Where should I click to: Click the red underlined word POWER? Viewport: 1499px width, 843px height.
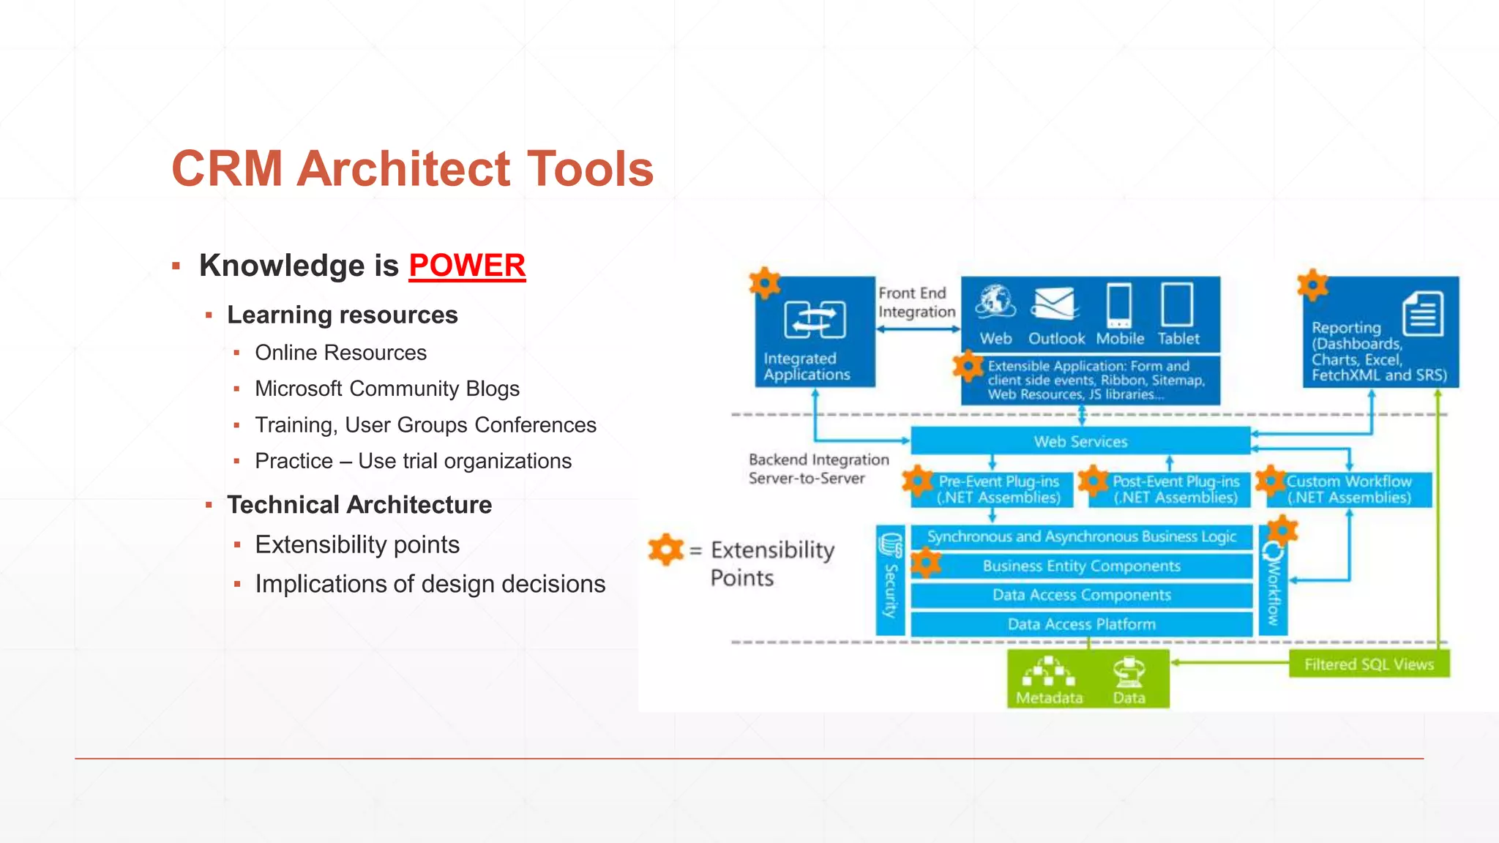click(467, 266)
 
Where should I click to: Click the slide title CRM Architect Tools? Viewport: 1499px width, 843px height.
click(412, 168)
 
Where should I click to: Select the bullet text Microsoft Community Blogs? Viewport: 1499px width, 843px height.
click(387, 389)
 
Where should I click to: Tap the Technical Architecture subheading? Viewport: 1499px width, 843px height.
click(359, 505)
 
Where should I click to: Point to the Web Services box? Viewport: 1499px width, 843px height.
click(1080, 441)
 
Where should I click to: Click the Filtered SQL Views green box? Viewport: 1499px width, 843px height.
click(1369, 664)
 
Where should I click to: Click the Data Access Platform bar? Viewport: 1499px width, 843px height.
click(1081, 624)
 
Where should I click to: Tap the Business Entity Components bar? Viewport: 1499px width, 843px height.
click(1081, 566)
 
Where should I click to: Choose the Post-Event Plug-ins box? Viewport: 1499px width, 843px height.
click(1175, 490)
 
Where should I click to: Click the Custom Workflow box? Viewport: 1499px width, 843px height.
click(1349, 490)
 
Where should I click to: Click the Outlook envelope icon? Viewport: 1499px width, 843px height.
click(1055, 304)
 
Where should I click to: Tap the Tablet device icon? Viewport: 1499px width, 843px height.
click(1177, 304)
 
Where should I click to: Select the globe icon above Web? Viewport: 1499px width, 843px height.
click(995, 301)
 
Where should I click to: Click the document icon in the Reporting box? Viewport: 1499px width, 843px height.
click(1423, 314)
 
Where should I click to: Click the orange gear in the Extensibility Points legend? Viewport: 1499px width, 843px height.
click(665, 550)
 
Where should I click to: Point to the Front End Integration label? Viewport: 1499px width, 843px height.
click(916, 302)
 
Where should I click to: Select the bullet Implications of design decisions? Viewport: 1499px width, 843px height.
click(430, 584)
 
